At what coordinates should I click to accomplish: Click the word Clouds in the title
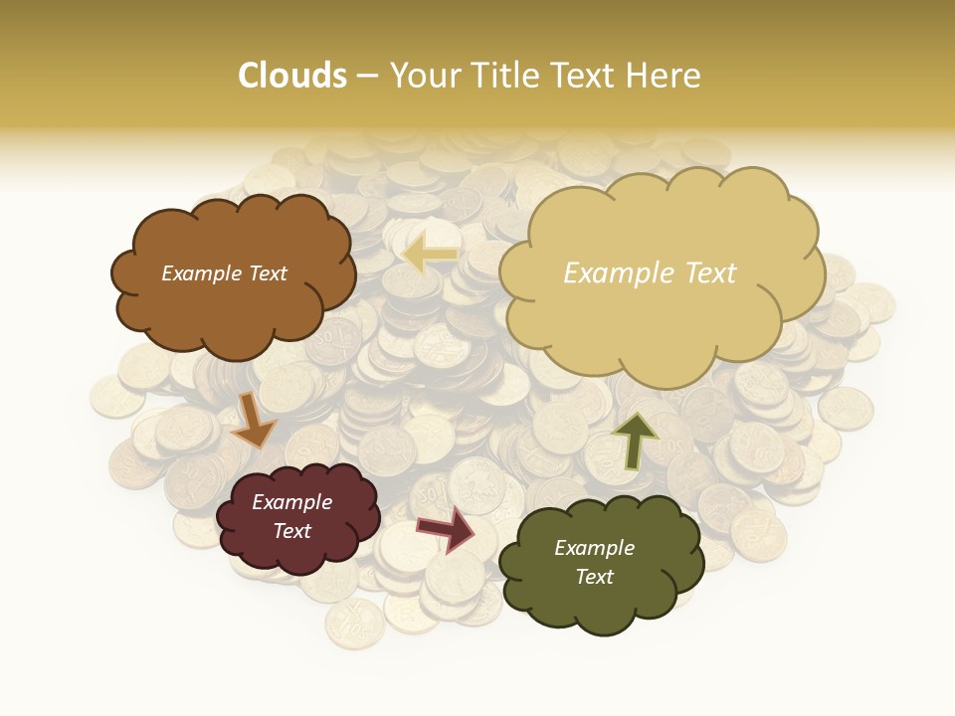pos(292,76)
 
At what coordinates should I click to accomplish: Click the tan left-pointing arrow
pos(430,256)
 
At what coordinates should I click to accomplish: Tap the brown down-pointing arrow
pos(254,420)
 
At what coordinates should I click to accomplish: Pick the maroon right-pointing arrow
pos(447,528)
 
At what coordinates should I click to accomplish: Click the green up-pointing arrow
pos(634,440)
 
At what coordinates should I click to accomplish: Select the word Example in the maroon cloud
pos(291,502)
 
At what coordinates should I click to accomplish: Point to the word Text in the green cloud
pos(594,577)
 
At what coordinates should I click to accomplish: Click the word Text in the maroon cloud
pos(291,531)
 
